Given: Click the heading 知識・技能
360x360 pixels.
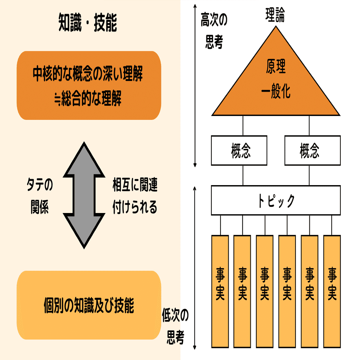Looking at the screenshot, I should pyautogui.click(x=88, y=23).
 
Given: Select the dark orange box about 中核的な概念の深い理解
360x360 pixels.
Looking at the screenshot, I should pyautogui.click(x=88, y=86).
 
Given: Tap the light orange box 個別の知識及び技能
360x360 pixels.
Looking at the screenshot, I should pyautogui.click(x=88, y=305).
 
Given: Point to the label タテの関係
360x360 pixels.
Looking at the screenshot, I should pyautogui.click(x=39, y=195).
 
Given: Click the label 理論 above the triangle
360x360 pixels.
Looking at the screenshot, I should pyautogui.click(x=274, y=17).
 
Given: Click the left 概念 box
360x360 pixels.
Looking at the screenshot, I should pyautogui.click(x=239, y=151).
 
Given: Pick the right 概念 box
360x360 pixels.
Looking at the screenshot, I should pyautogui.click(x=312, y=151).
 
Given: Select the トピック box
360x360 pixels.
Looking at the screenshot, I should pyautogui.click(x=276, y=200).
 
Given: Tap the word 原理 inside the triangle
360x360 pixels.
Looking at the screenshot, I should pyautogui.click(x=276, y=68).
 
